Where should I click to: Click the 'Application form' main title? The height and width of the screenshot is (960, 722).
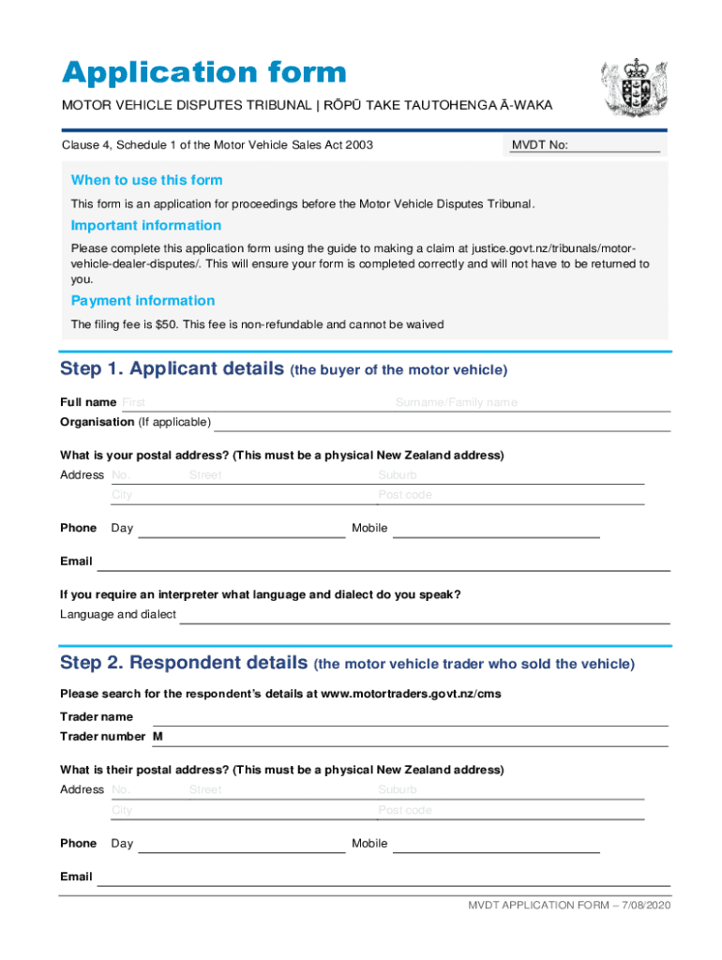pyautogui.click(x=203, y=72)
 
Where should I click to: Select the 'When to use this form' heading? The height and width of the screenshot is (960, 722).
pyautogui.click(x=146, y=180)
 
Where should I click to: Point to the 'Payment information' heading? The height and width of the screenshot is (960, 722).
pyautogui.click(x=143, y=301)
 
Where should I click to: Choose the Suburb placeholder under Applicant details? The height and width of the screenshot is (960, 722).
pyautogui.click(x=398, y=475)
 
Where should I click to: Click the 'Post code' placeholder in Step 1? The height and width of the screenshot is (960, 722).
pyautogui.click(x=405, y=495)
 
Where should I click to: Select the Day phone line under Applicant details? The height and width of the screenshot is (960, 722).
pyautogui.click(x=242, y=531)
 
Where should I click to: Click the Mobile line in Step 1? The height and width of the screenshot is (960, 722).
pyautogui.click(x=496, y=531)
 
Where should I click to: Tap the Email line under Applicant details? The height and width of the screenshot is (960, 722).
pyautogui.click(x=384, y=563)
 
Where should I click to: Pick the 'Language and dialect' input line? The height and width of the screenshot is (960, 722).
pyautogui.click(x=425, y=617)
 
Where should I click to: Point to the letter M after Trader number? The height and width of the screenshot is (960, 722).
pyautogui.click(x=158, y=737)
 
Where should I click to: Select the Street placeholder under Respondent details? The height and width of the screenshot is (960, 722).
pyautogui.click(x=205, y=790)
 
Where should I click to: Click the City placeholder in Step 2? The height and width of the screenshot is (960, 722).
pyautogui.click(x=122, y=810)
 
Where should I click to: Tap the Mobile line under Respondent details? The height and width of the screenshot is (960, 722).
pyautogui.click(x=496, y=846)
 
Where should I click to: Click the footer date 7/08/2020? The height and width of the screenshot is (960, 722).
pyautogui.click(x=644, y=905)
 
